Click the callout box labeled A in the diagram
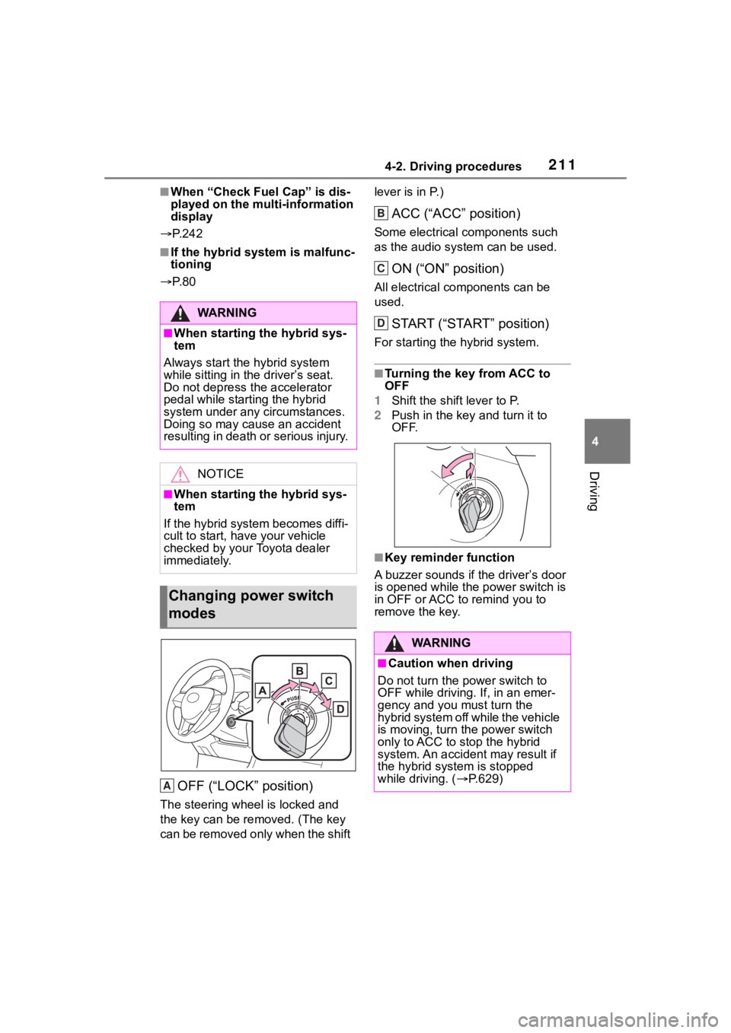tap(263, 690)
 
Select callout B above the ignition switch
tap(300, 669)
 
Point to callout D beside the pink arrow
tap(340, 709)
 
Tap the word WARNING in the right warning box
tap(441, 643)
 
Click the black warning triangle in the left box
tap(180, 313)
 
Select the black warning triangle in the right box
tap(394, 644)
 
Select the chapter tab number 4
tap(608, 440)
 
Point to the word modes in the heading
tap(191, 613)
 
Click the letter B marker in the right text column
tap(381, 215)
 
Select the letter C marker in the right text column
tap(381, 269)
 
